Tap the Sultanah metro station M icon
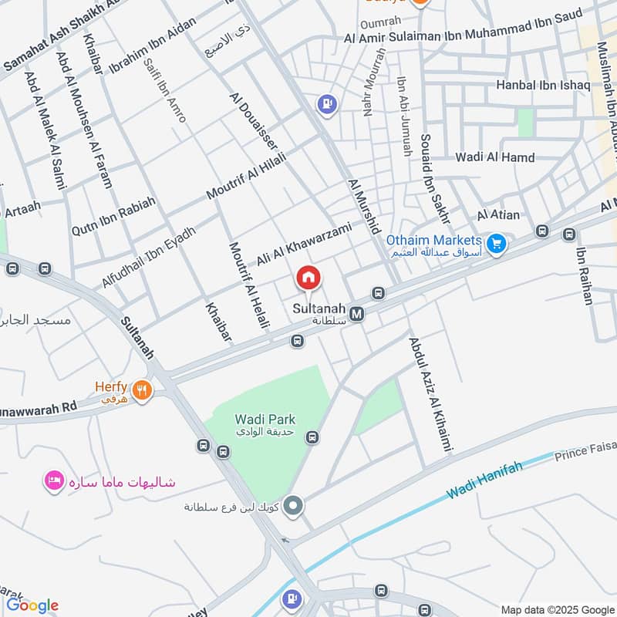[x=356, y=314]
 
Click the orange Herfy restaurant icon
[x=140, y=390]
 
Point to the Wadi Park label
[x=265, y=419]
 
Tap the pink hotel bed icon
[x=54, y=481]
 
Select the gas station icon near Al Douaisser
[x=327, y=104]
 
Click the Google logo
[x=32, y=605]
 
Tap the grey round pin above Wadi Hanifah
[x=293, y=507]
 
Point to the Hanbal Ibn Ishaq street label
[x=543, y=85]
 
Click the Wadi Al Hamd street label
[x=494, y=157]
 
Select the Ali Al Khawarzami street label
[x=304, y=244]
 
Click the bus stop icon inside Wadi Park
[x=312, y=438]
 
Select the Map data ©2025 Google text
[x=556, y=609]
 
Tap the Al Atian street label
[x=498, y=215]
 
